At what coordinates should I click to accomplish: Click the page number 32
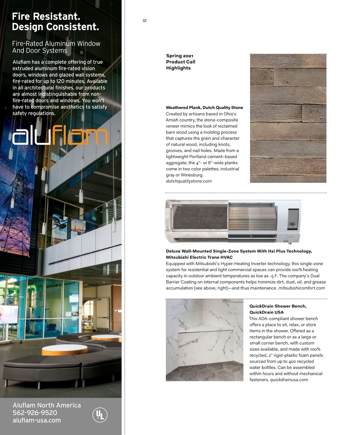click(x=145, y=20)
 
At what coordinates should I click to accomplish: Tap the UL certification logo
click(x=100, y=415)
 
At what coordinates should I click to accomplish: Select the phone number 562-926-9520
click(x=35, y=413)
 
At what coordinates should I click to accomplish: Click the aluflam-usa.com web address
click(x=37, y=420)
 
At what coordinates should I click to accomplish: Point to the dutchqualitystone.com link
click(x=189, y=181)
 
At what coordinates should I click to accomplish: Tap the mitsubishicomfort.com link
click(x=301, y=288)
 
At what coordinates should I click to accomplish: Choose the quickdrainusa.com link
click(x=289, y=379)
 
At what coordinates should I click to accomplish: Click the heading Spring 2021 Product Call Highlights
click(x=181, y=62)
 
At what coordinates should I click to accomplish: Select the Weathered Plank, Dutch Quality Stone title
click(x=204, y=107)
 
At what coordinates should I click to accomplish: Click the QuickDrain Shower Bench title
click(x=278, y=309)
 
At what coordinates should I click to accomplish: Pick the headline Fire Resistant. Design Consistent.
click(x=55, y=22)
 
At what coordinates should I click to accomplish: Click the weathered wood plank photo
click(x=288, y=118)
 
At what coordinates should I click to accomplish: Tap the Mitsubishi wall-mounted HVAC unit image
click(x=233, y=221)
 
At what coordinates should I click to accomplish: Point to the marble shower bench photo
click(x=204, y=340)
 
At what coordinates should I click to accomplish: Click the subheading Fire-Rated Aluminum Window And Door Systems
click(x=56, y=47)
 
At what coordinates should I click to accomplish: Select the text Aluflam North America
click(x=47, y=405)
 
